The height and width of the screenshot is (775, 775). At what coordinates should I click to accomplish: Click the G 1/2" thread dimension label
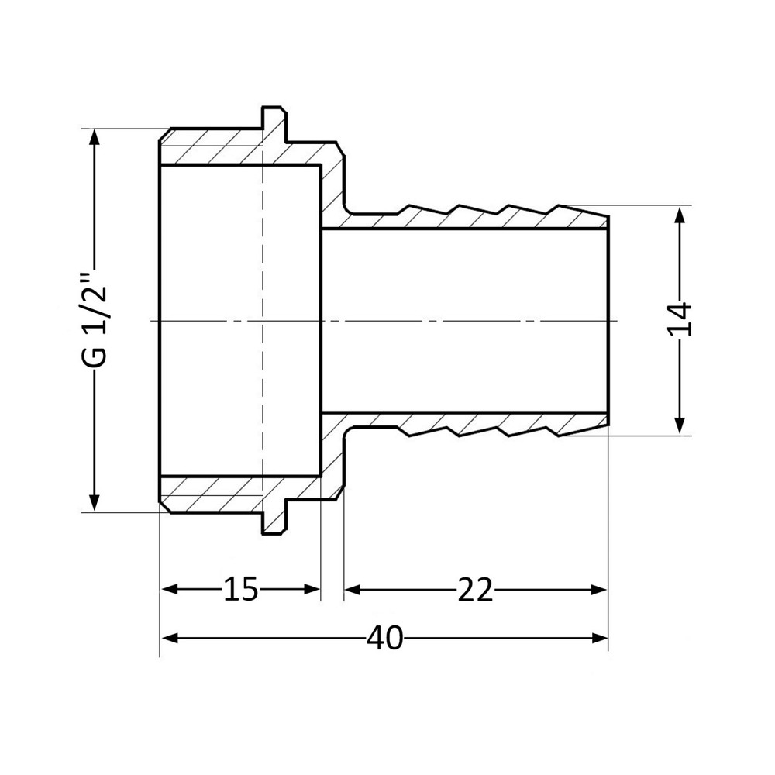tap(95, 320)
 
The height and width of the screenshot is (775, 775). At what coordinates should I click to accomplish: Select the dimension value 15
tap(240, 590)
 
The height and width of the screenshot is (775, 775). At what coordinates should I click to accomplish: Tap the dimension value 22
tap(474, 590)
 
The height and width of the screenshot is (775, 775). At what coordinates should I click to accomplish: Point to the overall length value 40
tap(385, 638)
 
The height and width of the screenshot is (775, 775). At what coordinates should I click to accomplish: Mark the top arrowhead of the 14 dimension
tap(680, 214)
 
